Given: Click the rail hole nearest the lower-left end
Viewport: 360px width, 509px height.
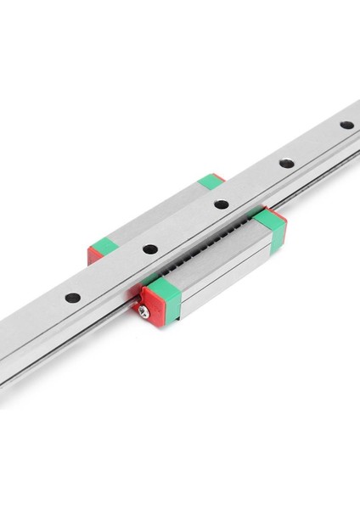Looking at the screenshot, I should click(74, 298).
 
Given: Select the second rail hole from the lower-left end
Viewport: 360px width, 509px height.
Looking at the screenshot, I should click(149, 249).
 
